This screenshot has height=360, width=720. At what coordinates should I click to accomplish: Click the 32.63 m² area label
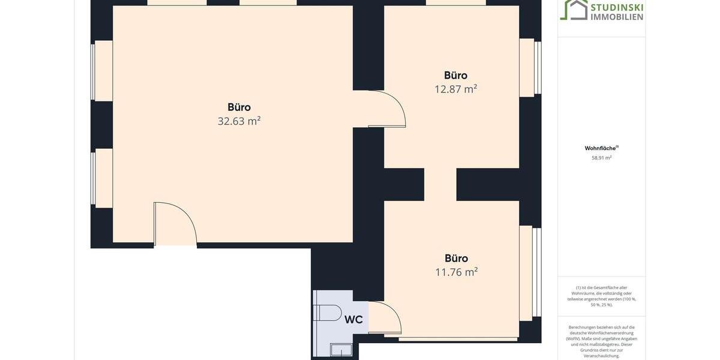239,121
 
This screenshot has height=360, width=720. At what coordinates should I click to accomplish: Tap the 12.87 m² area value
455,89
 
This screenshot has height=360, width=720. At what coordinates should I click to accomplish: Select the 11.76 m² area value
456,272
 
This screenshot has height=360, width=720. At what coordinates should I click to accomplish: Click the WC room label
353,320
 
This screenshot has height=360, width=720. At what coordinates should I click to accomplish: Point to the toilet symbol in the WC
328,313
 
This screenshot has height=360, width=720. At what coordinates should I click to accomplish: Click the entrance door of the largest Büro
175,225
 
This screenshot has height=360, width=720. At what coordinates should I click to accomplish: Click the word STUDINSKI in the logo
617,7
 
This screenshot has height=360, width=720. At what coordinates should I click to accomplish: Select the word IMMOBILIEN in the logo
617,17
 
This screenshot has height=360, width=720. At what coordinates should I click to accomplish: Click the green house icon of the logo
574,10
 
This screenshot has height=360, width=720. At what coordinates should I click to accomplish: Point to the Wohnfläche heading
601,148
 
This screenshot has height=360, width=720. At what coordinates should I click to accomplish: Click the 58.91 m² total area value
601,158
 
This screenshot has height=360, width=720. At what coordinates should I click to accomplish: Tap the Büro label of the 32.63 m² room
239,107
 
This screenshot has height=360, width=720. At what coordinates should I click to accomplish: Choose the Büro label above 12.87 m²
455,76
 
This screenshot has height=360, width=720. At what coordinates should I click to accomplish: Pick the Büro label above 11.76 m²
456,259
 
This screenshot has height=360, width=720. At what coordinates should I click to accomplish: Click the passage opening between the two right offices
440,185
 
